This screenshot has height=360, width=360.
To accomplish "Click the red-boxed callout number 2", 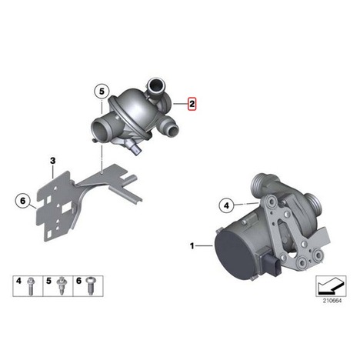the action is (192, 104).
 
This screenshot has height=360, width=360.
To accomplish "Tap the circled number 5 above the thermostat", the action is (102, 92).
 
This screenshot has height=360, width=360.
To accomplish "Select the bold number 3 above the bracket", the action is (52, 161).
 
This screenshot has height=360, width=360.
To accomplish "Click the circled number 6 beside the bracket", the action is (23, 201).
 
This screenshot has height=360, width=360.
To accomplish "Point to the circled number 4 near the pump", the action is (226, 205).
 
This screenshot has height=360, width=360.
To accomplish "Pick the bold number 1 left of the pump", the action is (192, 246).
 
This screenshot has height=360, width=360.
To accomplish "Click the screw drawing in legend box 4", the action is (31, 286).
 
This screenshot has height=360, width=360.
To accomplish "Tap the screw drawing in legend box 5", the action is (61, 286).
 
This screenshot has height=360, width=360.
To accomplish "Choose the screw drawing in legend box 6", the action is (91, 286).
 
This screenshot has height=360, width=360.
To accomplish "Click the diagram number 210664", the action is (332, 301).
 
